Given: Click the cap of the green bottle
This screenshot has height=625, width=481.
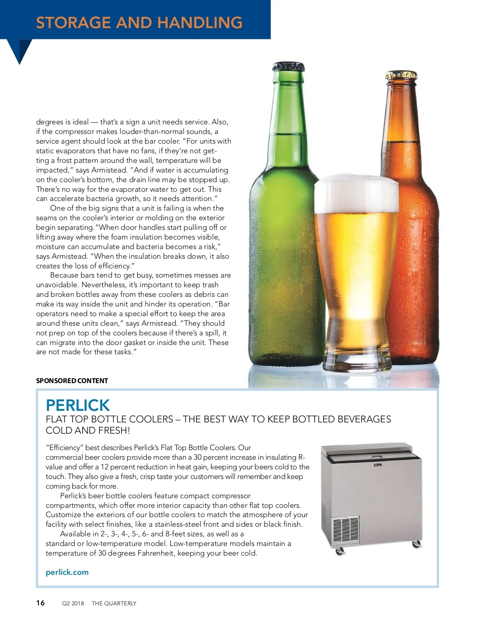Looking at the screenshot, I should click(288, 67).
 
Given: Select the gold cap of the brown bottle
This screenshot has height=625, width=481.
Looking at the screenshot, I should click(401, 75).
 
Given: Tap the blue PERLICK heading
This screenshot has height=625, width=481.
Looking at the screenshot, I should click(78, 405).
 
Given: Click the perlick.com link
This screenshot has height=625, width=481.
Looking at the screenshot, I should click(67, 572).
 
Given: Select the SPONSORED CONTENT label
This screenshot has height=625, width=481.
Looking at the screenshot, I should click(72, 381).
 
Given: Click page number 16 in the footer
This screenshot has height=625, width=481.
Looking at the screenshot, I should click(40, 603).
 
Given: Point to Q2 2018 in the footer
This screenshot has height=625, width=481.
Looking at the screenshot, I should click(73, 603).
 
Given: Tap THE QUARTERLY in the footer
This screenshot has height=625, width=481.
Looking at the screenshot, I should click(114, 603).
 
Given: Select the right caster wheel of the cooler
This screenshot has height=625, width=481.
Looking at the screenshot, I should click(416, 544).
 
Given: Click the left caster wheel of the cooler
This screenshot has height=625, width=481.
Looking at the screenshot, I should click(340, 550).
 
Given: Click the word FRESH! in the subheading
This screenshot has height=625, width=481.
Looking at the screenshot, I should click(113, 430).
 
